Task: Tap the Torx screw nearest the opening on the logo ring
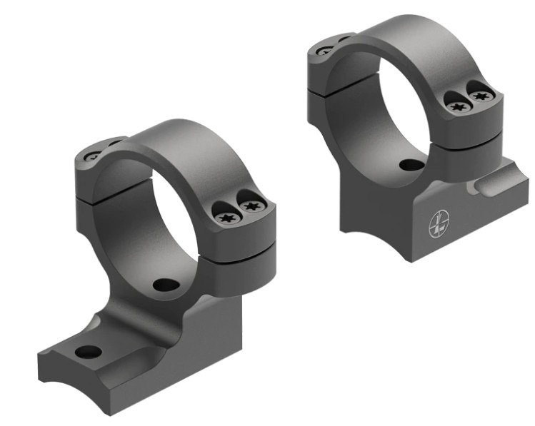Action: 458,106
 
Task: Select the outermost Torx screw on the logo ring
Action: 479,93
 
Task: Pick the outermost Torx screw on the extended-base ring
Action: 249,206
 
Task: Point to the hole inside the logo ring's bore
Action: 410,165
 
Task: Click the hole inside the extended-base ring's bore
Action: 166,285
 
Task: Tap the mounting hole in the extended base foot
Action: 88,352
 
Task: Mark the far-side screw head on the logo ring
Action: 325,50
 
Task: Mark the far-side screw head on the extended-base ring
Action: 93,155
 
